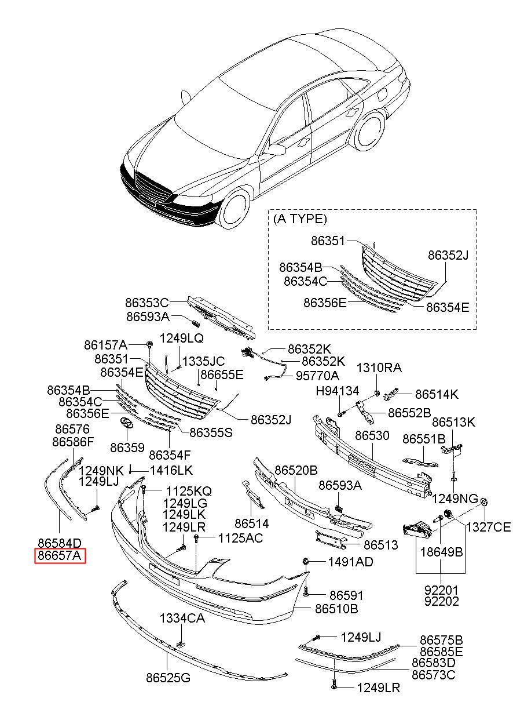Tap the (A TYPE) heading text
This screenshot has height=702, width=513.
pos(300,219)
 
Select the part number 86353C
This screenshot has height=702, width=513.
pos(146,303)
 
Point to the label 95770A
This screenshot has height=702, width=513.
pos(317,376)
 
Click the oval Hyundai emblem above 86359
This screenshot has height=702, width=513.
pos(126,424)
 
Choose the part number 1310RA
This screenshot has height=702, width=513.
pos(379,368)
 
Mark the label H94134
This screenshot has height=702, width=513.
pos(337,391)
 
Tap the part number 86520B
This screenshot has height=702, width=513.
pos(296,470)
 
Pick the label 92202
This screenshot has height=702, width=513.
pos(441,602)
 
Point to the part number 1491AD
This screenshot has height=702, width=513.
pos(350,562)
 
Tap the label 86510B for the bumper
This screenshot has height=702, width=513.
pos(336,609)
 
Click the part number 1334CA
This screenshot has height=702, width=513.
pos(183,619)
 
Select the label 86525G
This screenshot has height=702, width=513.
pos(168,677)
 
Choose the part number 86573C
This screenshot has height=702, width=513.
pos(434,675)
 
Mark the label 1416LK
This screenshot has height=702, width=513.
pos(171,470)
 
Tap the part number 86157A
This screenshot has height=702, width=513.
pos(105,345)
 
